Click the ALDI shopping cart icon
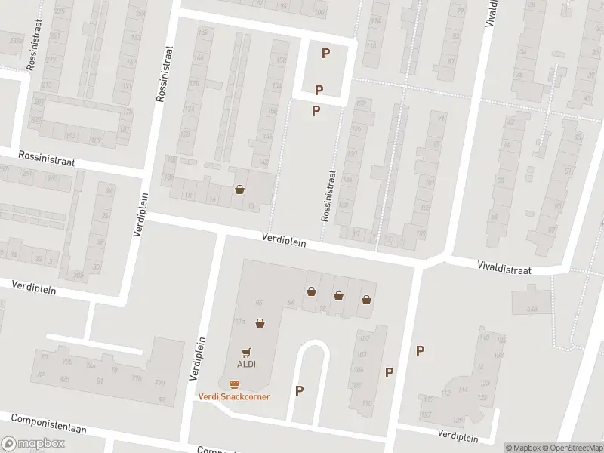245,352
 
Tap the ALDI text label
245,363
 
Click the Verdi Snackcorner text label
234,396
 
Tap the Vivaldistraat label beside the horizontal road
504,268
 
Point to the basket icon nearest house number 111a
260,323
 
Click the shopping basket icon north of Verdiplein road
240,190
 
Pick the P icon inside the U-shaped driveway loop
300,390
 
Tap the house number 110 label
367,404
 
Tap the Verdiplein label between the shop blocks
284,239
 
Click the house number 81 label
100,381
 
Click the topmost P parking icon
325,53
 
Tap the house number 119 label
429,399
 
